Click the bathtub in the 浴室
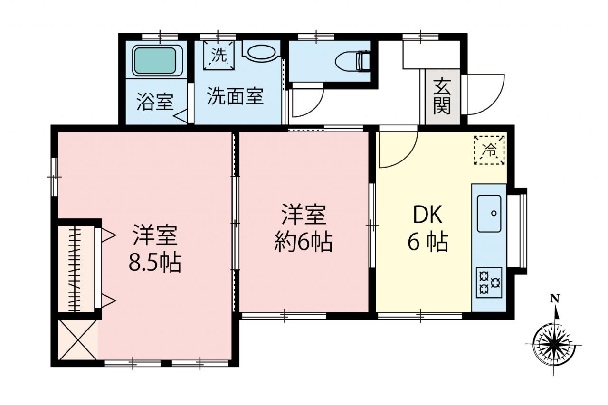pyautogui.click(x=155, y=61)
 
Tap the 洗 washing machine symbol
pyautogui.click(x=219, y=56)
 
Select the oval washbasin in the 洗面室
pyautogui.click(x=261, y=52)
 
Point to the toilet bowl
pyautogui.click(x=353, y=61)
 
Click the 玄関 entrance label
pyautogui.click(x=442, y=96)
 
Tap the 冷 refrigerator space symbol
pyautogui.click(x=489, y=150)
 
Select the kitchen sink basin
pyautogui.click(x=489, y=214)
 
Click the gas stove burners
pyautogui.click(x=489, y=283)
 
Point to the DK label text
pyautogui.click(x=427, y=215)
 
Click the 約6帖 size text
pyautogui.click(x=303, y=243)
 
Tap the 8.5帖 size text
pyautogui.click(x=155, y=263)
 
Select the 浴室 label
pyautogui.click(x=155, y=102)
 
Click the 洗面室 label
pyautogui.click(x=235, y=96)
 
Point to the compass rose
pyautogui.click(x=554, y=345)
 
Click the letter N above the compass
pyautogui.click(x=554, y=299)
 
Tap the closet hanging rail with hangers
pyautogui.click(x=75, y=269)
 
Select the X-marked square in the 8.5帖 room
pyautogui.click(x=78, y=339)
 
